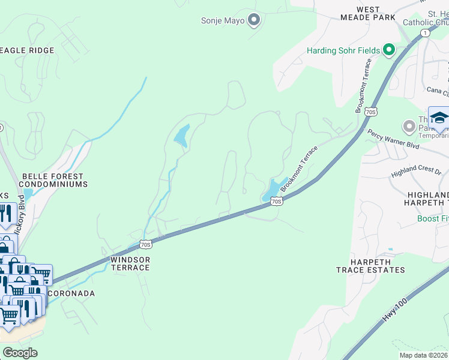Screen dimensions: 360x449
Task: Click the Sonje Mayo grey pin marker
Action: [x=253, y=20]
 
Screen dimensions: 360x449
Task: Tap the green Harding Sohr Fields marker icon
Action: [x=388, y=50]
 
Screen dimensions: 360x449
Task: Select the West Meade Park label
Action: [x=376, y=13]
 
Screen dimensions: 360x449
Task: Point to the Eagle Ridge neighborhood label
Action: [x=27, y=50]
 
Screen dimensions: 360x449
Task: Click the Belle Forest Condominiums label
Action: [x=54, y=180]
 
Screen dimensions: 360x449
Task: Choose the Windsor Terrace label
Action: [x=130, y=263]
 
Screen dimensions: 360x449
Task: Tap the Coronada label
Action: [x=76, y=293]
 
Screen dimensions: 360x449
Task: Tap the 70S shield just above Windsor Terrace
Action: [x=145, y=244]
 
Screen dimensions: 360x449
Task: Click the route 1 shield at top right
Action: [x=426, y=32]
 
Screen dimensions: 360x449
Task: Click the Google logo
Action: [x=20, y=353]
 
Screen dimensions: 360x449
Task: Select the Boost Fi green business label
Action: [x=433, y=219]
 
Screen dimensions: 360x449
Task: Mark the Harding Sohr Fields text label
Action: [x=343, y=50]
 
